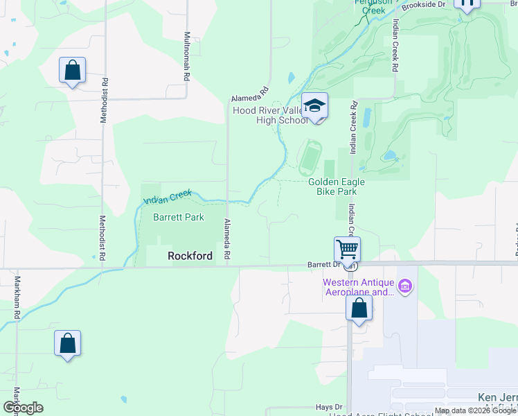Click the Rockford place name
tap(190, 256)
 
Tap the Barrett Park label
tap(178, 217)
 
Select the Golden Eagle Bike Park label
tap(336, 186)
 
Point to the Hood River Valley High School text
tap(270, 115)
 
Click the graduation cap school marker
tap(315, 105)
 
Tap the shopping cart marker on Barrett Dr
tap(347, 248)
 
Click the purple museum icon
tap(406, 286)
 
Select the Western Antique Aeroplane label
tap(359, 287)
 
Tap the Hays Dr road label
tap(329, 407)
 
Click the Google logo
tap(23, 408)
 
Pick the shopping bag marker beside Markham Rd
tap(67, 343)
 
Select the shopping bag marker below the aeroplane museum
tap(359, 308)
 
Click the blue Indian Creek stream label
tap(166, 198)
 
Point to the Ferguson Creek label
tap(370, 6)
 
